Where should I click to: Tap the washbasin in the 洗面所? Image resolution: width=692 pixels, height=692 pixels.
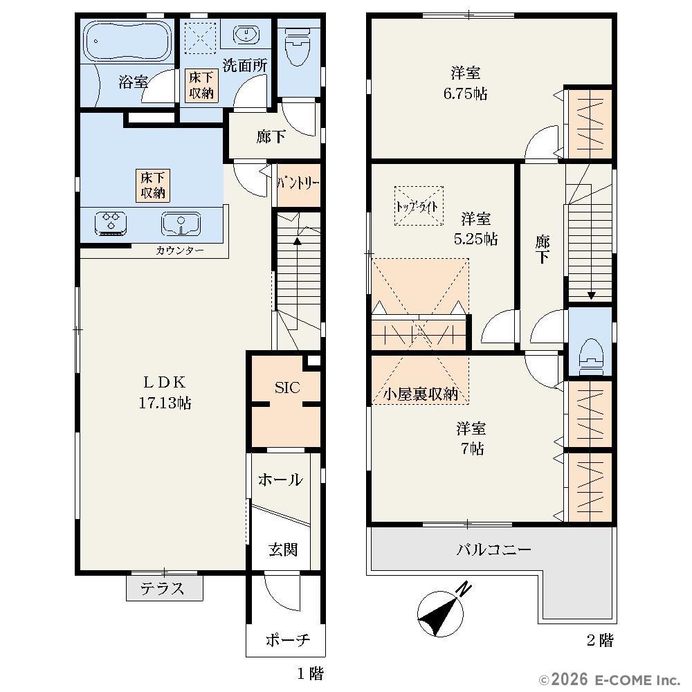[x=246, y=35]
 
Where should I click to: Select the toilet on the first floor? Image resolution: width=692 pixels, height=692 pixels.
[x=298, y=46]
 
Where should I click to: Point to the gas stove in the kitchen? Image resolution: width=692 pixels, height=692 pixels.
[x=111, y=224]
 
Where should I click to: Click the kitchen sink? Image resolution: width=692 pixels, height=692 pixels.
[x=181, y=224]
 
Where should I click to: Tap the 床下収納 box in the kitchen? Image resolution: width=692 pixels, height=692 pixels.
[x=153, y=185]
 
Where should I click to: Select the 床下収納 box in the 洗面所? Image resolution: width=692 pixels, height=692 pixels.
[x=201, y=85]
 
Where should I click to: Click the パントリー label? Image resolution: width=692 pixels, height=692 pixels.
[x=298, y=183]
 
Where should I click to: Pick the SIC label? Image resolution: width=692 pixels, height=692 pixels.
[x=287, y=388]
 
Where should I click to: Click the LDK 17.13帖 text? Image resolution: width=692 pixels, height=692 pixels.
[x=165, y=392]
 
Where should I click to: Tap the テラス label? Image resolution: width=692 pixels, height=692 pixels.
[x=163, y=588]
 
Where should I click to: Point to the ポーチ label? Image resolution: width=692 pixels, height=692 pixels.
[x=288, y=639]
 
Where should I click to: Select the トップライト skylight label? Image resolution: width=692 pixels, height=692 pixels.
[x=417, y=206]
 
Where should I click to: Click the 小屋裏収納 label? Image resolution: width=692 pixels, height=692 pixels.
[x=420, y=394]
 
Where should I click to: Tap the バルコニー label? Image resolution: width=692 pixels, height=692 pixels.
[x=493, y=550]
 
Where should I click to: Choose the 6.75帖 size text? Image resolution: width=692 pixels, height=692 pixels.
[x=465, y=93]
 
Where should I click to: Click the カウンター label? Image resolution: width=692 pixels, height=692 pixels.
[x=180, y=251]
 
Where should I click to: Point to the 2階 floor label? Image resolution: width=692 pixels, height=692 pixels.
[x=600, y=640]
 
